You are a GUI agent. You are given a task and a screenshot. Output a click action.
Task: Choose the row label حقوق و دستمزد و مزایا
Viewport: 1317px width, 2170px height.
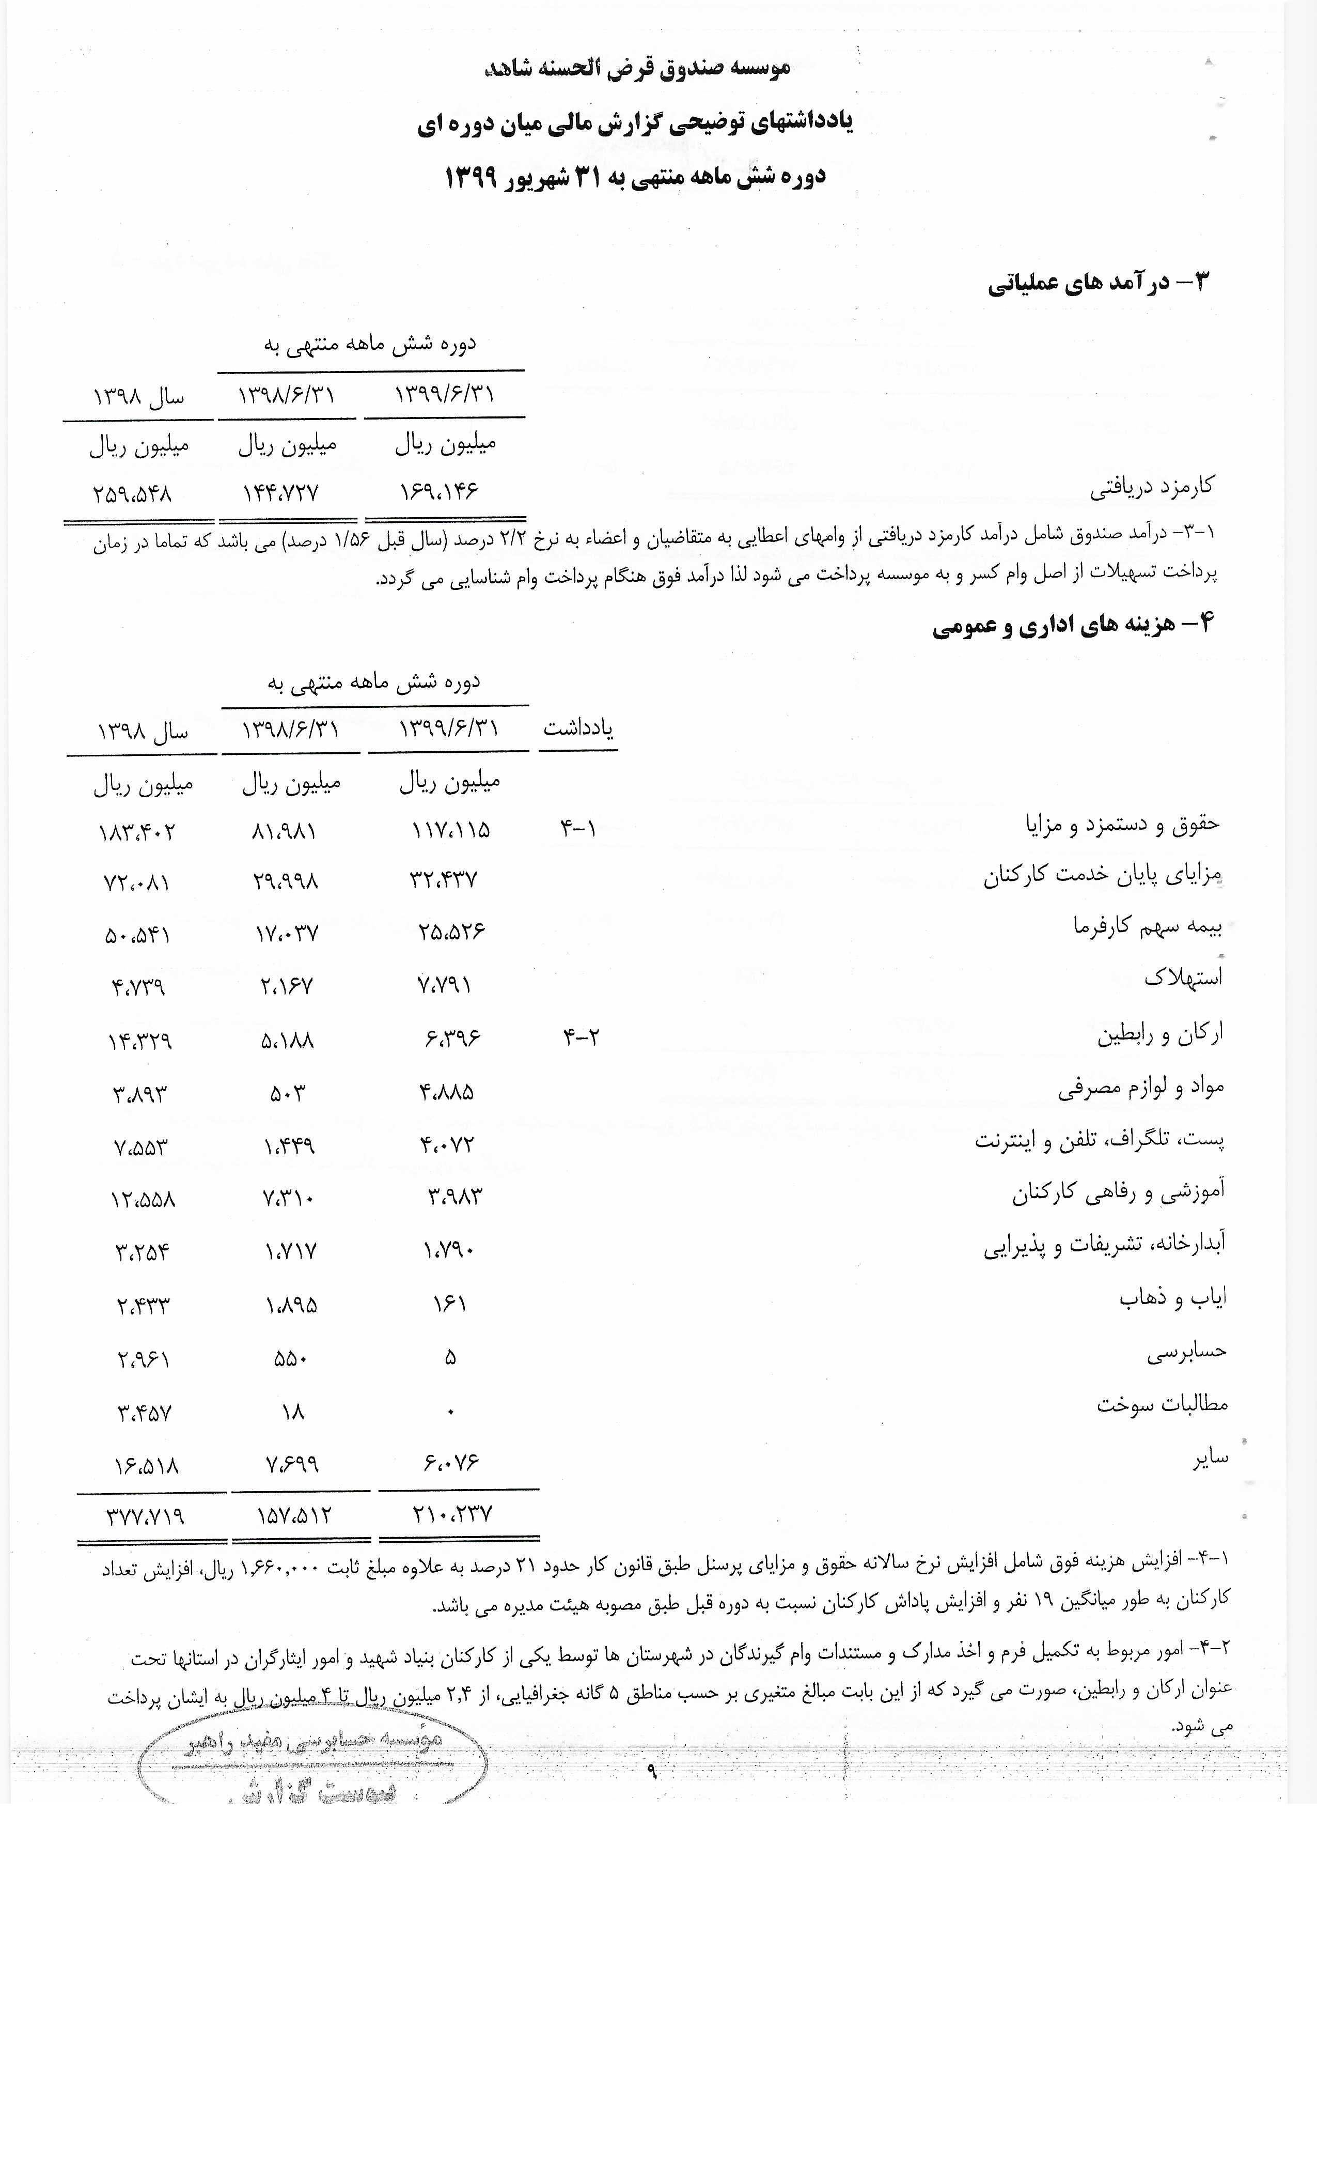[x=1122, y=824]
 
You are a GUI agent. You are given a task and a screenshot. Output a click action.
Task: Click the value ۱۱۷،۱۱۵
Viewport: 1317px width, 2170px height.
[x=451, y=830]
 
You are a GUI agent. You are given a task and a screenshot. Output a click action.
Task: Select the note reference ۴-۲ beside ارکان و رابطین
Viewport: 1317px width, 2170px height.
[x=581, y=1036]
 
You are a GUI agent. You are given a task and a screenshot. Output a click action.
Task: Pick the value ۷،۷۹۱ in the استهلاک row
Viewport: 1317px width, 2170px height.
[x=445, y=985]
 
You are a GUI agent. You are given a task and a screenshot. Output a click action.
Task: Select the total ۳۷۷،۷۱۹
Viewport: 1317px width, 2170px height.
[x=145, y=1516]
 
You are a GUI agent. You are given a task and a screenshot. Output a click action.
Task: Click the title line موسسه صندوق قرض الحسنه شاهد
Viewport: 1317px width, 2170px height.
[x=637, y=68]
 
